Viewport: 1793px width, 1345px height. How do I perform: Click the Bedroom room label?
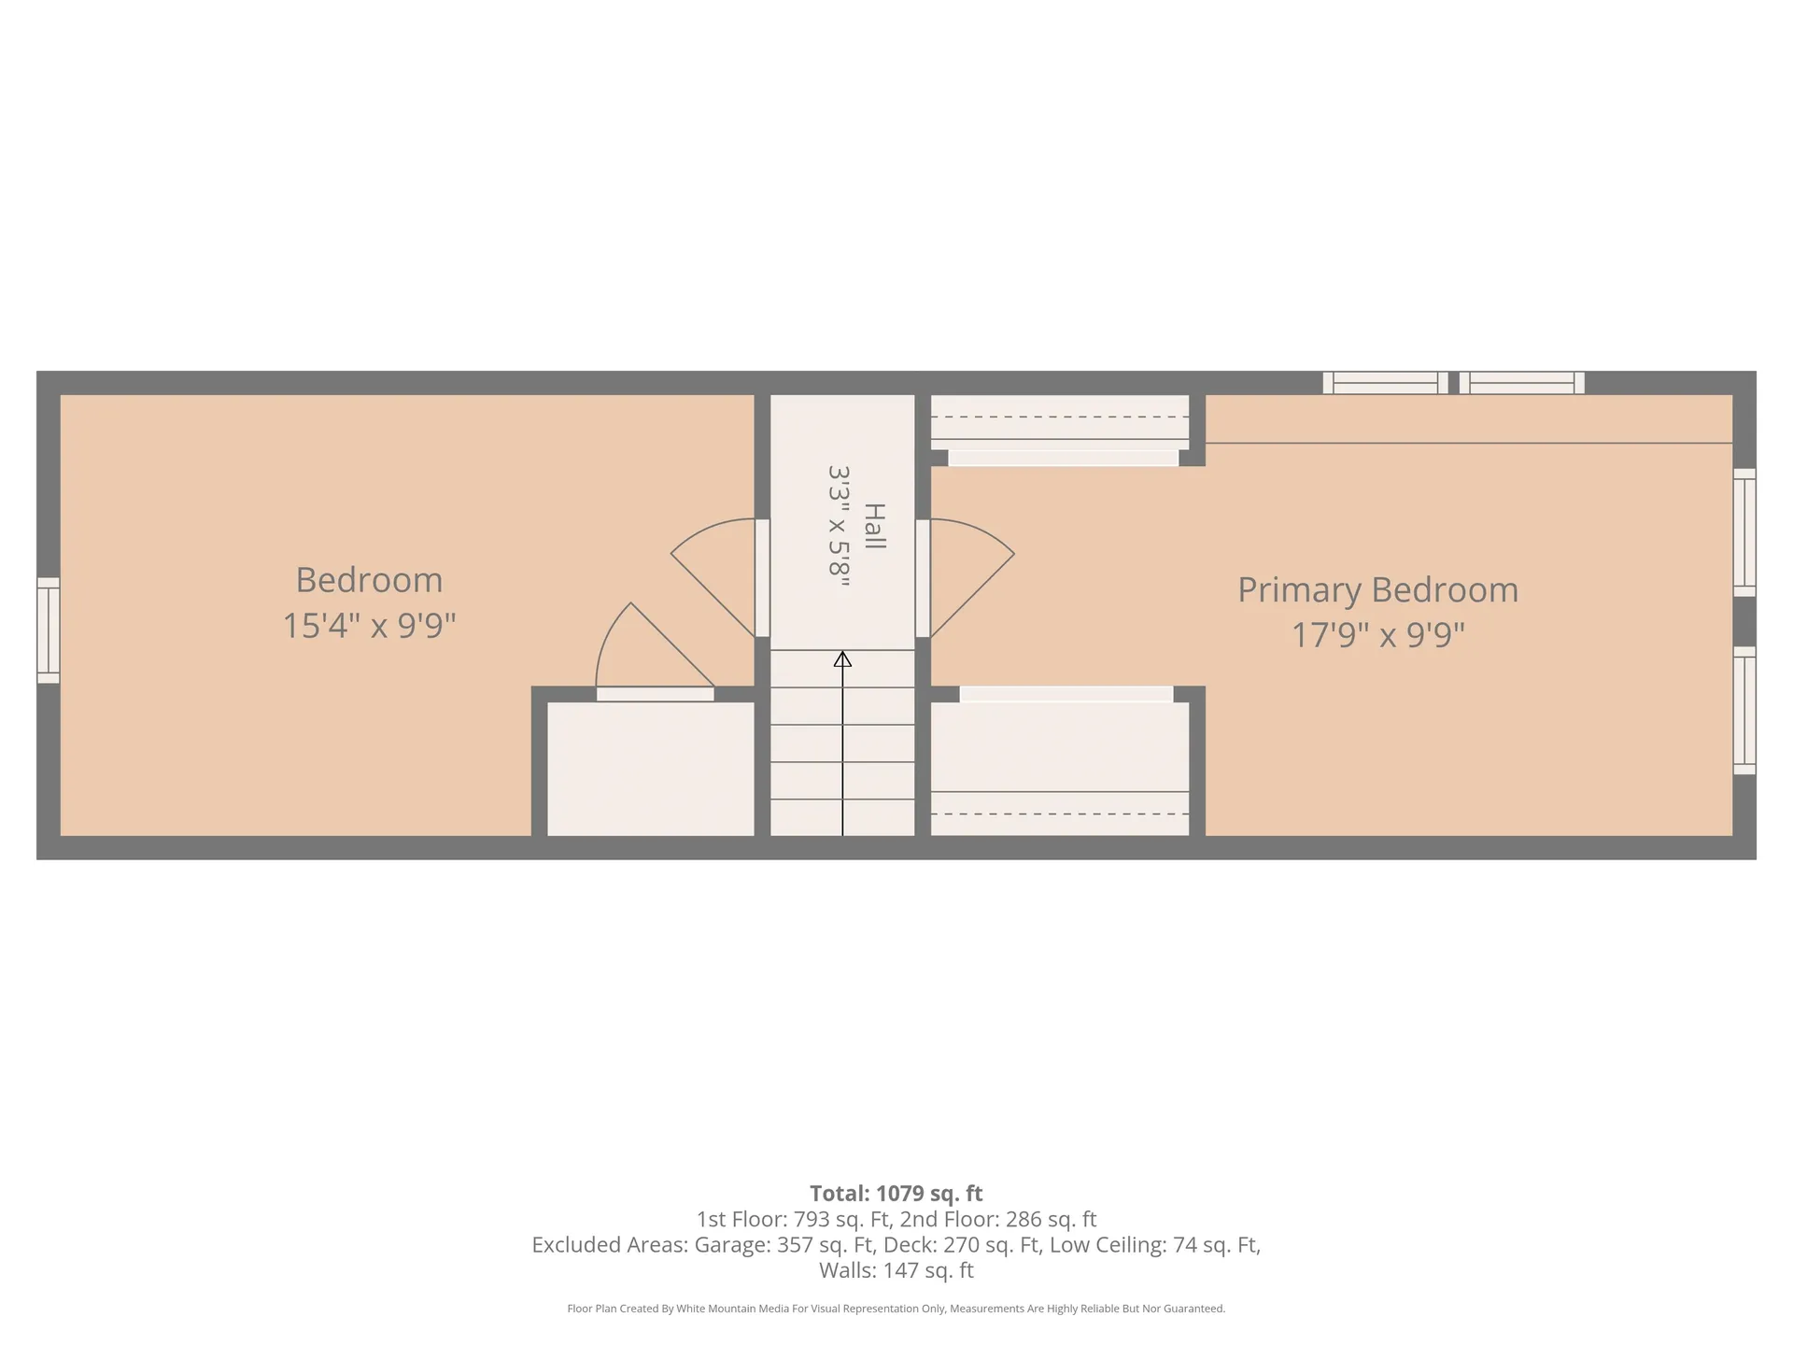(x=369, y=580)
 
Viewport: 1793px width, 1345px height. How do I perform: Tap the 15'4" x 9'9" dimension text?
(x=369, y=625)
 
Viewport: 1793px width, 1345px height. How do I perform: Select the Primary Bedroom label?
(x=1377, y=590)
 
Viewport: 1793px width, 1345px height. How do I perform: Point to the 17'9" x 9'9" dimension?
(x=1377, y=635)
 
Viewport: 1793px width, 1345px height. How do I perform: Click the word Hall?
(x=874, y=526)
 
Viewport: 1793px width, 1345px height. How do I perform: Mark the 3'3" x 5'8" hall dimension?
(x=839, y=526)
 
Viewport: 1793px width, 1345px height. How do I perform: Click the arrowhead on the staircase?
(x=842, y=659)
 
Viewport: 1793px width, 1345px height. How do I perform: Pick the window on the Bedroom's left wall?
(x=49, y=630)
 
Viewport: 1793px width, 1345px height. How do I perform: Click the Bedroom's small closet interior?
(x=650, y=769)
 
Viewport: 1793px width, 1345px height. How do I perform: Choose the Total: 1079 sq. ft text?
(x=896, y=1194)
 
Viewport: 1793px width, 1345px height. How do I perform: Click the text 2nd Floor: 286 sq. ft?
(x=998, y=1219)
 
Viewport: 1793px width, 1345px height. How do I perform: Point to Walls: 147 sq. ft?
(x=896, y=1270)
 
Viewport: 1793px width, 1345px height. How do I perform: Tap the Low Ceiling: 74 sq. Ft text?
(x=1155, y=1245)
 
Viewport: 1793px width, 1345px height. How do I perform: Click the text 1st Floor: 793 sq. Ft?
(x=795, y=1219)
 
